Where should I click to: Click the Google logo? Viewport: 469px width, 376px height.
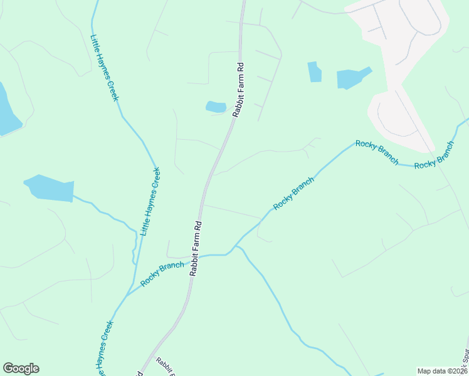coord(21,368)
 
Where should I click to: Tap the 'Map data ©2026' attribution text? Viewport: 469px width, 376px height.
coord(441,371)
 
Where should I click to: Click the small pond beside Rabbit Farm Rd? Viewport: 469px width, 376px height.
coord(216,107)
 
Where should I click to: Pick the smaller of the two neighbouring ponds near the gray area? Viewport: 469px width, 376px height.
coord(314,72)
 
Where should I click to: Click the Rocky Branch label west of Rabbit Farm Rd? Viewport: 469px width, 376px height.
coord(162,274)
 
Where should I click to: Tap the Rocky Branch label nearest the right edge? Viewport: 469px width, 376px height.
coord(434,155)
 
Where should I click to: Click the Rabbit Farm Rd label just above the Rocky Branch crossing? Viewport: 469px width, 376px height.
coord(195,249)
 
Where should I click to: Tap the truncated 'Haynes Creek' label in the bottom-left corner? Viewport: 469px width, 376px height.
coord(105,348)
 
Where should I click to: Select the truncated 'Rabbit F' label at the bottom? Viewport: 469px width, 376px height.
coord(165,366)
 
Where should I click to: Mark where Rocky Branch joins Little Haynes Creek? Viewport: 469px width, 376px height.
coord(127,295)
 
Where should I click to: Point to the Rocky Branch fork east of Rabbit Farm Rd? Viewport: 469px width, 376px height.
coord(236,247)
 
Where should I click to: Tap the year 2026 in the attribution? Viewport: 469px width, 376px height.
coord(457,371)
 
